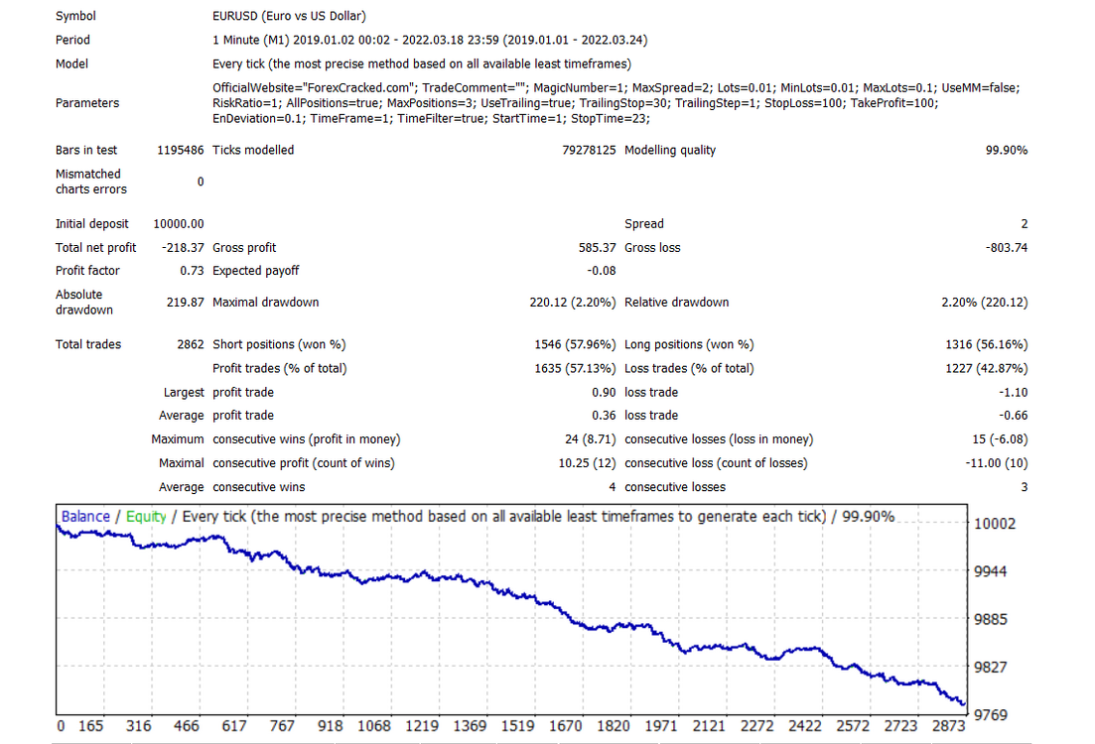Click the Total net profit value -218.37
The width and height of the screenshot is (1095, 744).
tap(183, 248)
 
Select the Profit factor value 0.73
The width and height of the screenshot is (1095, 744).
tap(192, 271)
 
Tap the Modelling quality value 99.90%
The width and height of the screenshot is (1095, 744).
tap(1007, 150)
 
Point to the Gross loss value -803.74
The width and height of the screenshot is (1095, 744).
tap(1007, 248)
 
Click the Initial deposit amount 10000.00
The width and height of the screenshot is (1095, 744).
tap(179, 224)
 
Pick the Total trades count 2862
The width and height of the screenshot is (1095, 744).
tap(191, 345)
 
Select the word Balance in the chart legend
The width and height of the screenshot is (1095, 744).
tap(85, 517)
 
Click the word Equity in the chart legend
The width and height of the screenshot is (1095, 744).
tap(146, 517)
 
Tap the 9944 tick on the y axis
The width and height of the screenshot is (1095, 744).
tap(990, 571)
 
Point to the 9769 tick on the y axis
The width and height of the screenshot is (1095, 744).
tap(990, 714)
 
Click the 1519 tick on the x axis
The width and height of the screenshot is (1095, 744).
tap(517, 726)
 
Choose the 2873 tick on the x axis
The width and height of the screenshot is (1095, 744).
tap(948, 726)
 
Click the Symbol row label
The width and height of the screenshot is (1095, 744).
tap(76, 16)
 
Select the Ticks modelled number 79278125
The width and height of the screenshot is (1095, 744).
tap(589, 150)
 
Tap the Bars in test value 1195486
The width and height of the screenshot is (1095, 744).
tap(180, 150)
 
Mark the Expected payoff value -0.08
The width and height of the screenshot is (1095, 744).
tap(602, 271)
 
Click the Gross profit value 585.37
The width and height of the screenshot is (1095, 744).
tap(597, 248)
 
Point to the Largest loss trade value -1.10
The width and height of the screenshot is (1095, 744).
tap(1014, 393)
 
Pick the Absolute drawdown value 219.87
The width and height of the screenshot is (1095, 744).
tap(185, 303)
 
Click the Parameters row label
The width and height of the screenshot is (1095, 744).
tap(87, 103)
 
